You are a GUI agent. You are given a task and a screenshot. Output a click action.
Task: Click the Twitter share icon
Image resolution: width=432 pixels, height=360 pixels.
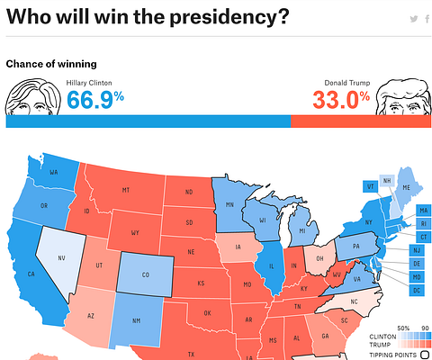413,19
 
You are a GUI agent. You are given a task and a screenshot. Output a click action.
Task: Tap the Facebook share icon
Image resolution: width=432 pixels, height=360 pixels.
426,19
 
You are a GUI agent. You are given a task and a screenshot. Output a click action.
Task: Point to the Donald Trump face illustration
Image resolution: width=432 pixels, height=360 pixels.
402,97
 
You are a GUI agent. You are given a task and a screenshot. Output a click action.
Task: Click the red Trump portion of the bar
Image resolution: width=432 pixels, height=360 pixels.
361,121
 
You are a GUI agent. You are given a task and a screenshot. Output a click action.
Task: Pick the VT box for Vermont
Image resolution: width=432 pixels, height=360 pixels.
370,186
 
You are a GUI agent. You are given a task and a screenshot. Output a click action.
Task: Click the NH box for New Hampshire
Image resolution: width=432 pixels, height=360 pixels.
387,180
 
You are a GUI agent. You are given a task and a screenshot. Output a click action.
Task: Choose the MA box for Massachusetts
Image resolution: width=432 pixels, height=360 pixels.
423,211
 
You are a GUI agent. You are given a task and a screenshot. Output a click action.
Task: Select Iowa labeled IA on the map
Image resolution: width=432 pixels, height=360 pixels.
238,247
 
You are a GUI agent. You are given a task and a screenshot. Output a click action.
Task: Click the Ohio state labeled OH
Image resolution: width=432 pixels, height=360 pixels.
319,257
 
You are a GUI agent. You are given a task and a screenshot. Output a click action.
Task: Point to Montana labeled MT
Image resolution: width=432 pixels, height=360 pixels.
126,189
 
